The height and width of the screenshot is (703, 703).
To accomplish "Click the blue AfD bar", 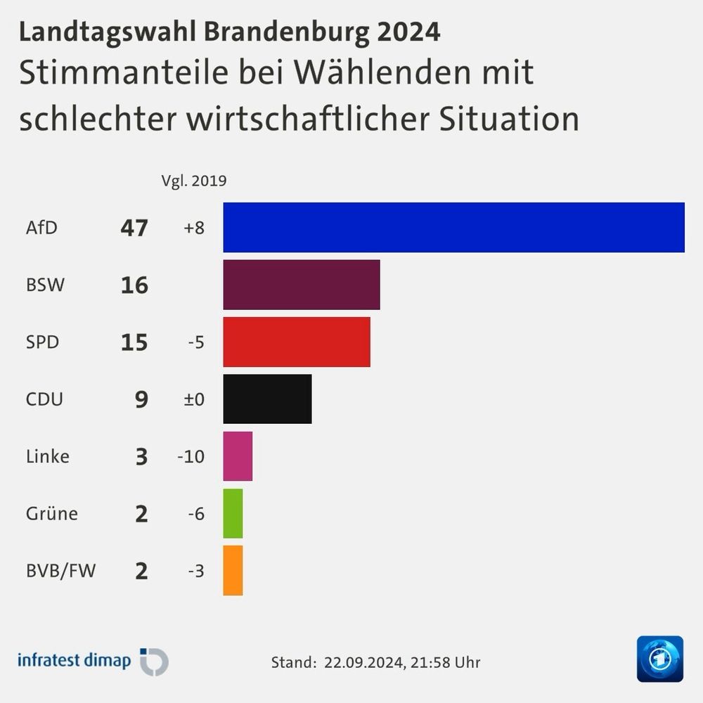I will [453, 227].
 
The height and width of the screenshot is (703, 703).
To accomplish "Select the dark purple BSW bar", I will [302, 285].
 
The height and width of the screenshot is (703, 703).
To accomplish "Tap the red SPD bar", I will [297, 342].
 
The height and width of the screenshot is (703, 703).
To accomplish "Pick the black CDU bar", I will [267, 399].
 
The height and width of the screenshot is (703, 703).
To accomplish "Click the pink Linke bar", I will [238, 456].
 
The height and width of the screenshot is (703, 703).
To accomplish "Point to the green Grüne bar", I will [233, 513].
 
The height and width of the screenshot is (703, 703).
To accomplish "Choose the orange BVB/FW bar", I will [233, 570].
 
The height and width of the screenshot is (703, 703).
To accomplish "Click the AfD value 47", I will [134, 228].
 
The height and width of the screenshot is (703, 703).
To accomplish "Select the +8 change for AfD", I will [193, 228].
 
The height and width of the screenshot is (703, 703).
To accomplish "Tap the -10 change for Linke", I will [191, 457].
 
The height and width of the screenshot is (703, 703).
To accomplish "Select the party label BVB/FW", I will [60, 571].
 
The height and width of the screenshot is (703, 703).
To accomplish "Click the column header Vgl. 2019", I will [194, 181].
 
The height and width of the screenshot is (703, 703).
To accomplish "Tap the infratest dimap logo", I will [92, 662].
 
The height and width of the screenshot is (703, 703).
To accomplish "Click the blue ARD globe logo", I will [659, 659].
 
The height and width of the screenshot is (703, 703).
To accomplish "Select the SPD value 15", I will [134, 342].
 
